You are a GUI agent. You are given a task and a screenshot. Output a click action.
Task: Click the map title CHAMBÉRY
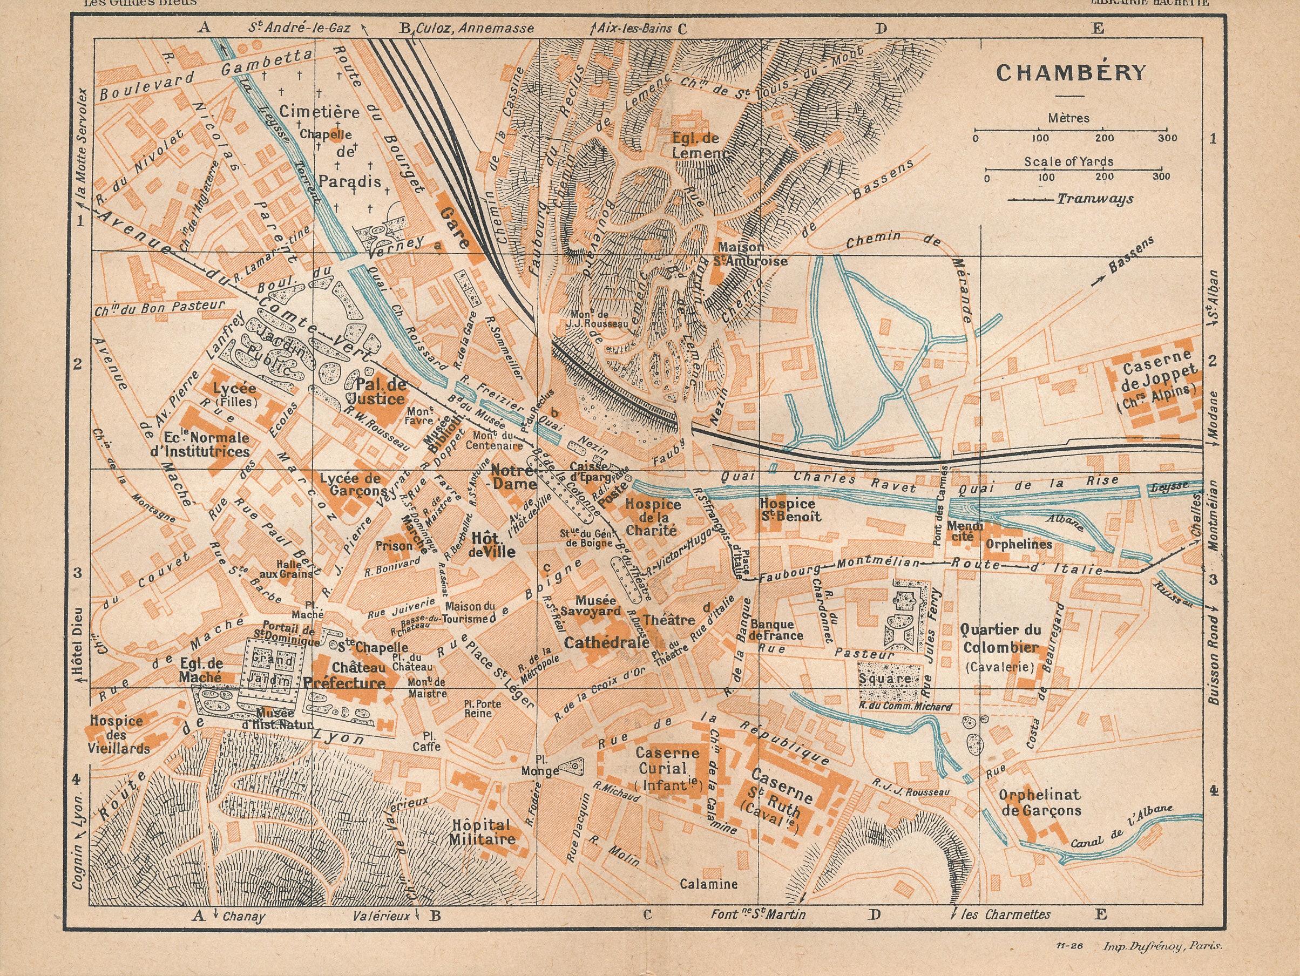coord(1070,73)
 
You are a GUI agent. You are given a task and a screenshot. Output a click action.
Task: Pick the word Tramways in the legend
coord(1095,199)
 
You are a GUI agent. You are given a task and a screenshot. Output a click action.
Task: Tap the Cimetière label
coord(319,112)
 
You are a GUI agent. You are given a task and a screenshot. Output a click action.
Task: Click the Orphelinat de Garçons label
coord(1040,803)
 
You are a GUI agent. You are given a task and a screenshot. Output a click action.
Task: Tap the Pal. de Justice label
coord(380,391)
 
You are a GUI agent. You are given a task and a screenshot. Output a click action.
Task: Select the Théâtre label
coord(669,620)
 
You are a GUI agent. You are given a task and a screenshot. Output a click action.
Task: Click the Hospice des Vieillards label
coord(118,735)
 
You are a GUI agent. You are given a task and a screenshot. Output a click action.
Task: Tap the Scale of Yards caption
coord(1068,161)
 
